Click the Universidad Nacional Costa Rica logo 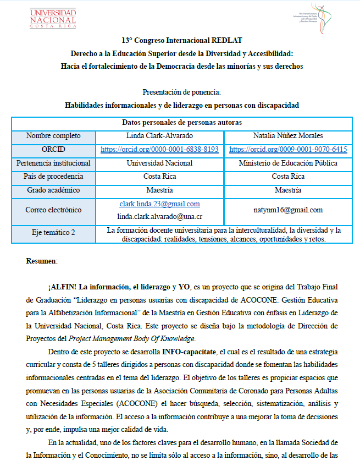pyautogui.click(x=53, y=18)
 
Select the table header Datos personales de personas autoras pyautogui.click(x=181, y=122)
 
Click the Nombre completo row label pyautogui.click(x=53, y=135)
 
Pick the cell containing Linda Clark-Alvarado pyautogui.click(x=159, y=135)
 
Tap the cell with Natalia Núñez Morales pyautogui.click(x=288, y=135)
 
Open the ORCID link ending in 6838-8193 pyautogui.click(x=159, y=149)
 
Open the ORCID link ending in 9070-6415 pyautogui.click(x=288, y=149)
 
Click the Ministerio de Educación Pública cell pyautogui.click(x=288, y=163)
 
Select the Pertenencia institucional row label pyautogui.click(x=53, y=163)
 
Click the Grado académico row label pyautogui.click(x=53, y=190)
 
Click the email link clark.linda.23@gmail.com pyautogui.click(x=159, y=204)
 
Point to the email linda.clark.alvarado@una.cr pyautogui.click(x=159, y=217)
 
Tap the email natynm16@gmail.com pyautogui.click(x=288, y=210)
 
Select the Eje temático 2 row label pyautogui.click(x=53, y=233)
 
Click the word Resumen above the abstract pyautogui.click(x=42, y=261)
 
